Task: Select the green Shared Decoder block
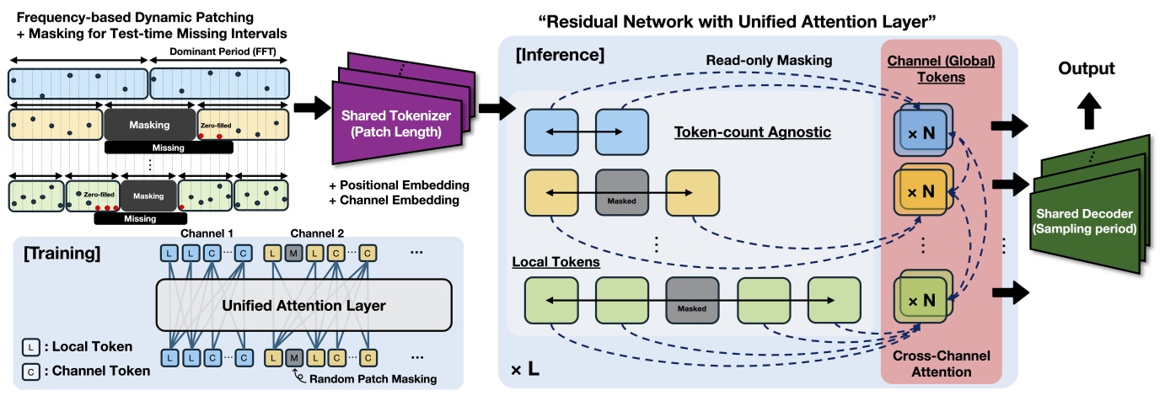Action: (x=1087, y=210)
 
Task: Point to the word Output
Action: (x=1087, y=68)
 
